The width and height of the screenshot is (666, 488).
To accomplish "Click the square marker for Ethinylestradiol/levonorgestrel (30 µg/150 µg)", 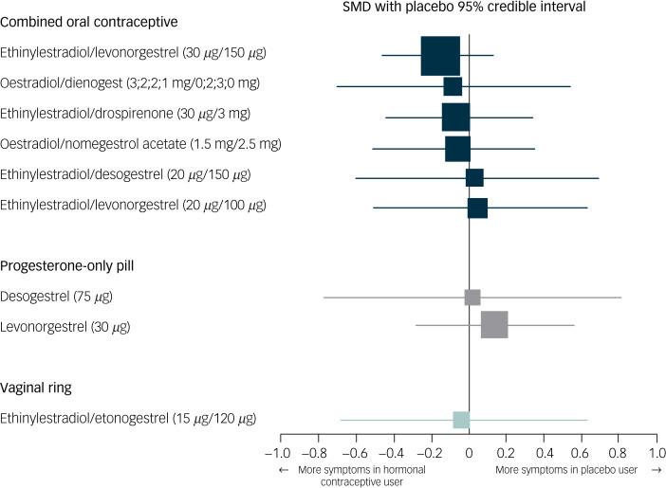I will point(440,56).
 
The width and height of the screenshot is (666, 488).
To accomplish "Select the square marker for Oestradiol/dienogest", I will point(453,86).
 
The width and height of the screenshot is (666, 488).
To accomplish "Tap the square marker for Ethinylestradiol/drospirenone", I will point(455,117).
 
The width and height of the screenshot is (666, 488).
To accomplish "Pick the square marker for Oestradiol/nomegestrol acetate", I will point(457,148).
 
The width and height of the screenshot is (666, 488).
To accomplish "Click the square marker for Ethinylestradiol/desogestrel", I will point(474,178).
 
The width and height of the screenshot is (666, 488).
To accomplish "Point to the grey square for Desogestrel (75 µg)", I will point(472,298).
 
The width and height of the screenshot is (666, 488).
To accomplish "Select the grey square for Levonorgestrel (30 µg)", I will point(494,325).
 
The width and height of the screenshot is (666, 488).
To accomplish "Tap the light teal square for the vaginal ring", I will point(461,420).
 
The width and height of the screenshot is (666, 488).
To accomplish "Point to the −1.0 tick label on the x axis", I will point(278,453).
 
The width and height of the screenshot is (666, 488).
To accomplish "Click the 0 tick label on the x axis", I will point(470,453).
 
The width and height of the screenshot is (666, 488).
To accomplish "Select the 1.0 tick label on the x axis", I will point(656,453).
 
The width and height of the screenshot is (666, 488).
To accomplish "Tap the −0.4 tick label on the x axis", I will point(392,453).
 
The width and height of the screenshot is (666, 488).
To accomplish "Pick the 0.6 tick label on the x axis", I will point(581,453).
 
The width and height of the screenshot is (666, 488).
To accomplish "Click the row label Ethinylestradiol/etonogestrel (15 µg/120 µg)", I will point(128,418).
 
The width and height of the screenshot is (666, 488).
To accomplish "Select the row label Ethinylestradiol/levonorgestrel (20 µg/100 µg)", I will point(133,205).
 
